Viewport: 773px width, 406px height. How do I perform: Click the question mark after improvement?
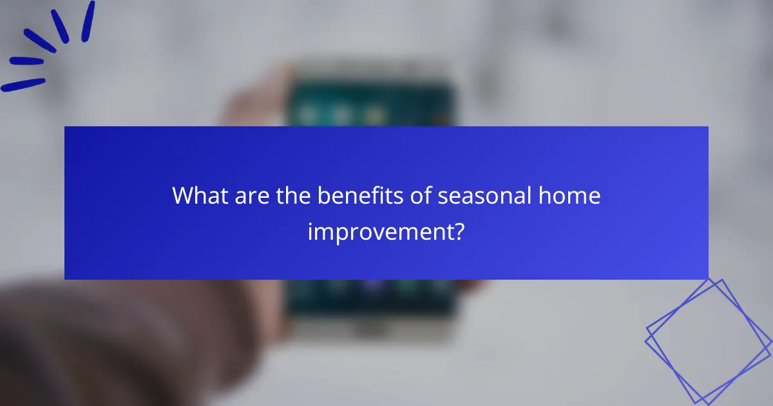pos(458,231)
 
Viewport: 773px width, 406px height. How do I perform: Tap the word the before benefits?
pos(294,196)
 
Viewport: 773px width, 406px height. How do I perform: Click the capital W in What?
pos(183,196)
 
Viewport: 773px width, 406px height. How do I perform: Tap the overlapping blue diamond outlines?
pos(709,340)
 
